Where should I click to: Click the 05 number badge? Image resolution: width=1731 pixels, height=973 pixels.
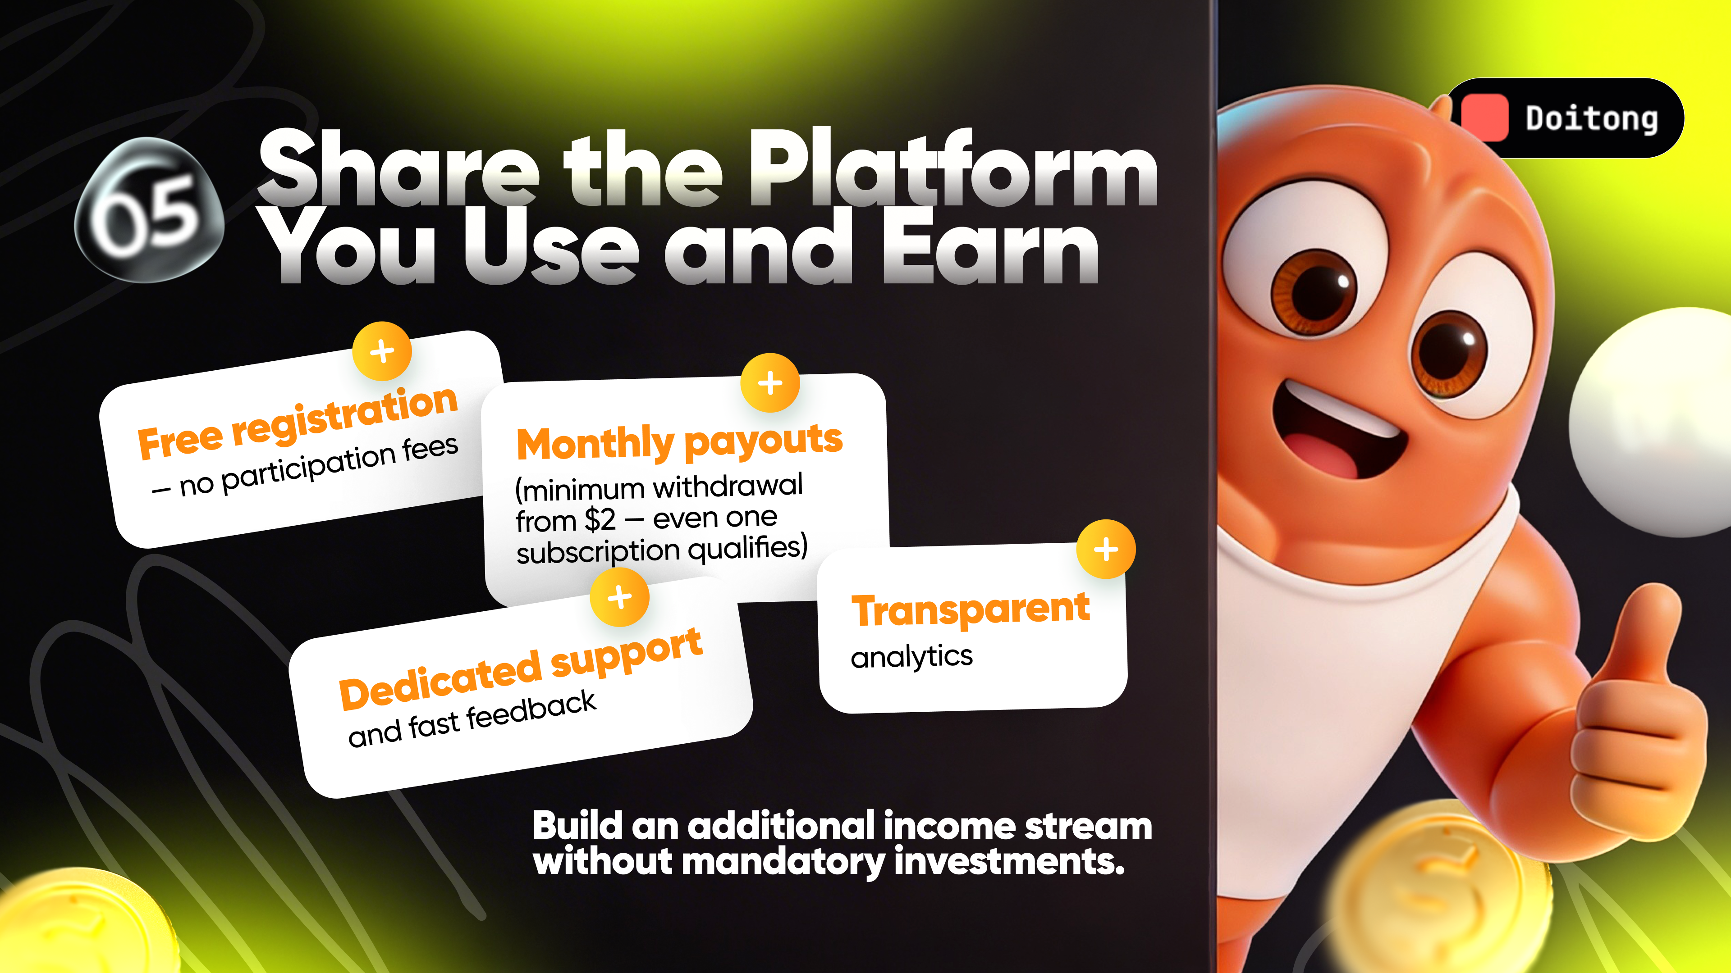tap(148, 209)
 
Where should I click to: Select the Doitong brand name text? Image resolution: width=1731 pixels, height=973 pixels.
tap(1591, 119)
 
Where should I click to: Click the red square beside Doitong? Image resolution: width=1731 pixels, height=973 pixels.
tap(1484, 118)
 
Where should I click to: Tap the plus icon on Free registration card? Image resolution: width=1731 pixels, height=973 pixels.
tap(382, 351)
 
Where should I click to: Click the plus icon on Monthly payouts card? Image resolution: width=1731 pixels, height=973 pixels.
tap(770, 383)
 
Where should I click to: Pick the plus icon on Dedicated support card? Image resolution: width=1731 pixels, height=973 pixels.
tap(619, 597)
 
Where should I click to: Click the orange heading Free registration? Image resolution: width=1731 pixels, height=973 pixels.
tap(298, 423)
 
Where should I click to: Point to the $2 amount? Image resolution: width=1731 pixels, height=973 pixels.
tap(600, 520)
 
